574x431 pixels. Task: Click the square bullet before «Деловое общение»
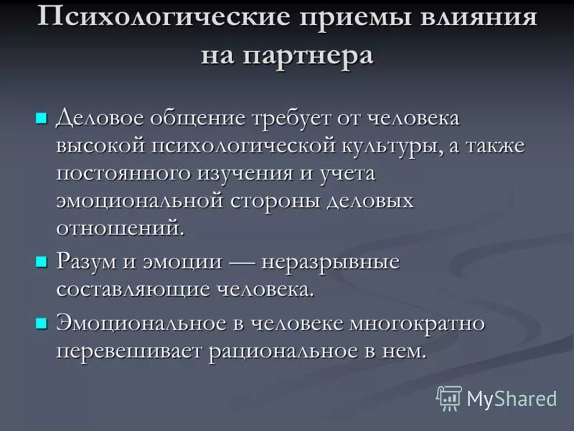(x=42, y=116)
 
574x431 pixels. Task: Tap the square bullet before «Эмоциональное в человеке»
(x=42, y=323)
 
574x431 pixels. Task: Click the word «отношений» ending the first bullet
(x=119, y=228)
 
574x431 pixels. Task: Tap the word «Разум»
(x=85, y=261)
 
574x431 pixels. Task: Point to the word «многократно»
(x=417, y=323)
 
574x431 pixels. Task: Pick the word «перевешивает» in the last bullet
(x=129, y=351)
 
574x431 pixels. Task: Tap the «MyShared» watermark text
(x=512, y=397)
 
